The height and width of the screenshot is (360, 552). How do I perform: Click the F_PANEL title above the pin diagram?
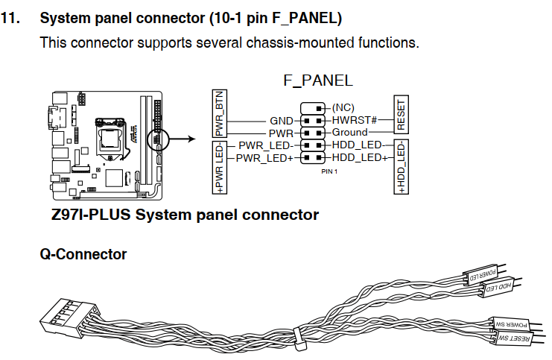click(317, 80)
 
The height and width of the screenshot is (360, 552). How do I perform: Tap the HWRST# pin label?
click(354, 119)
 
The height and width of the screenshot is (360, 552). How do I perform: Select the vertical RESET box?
click(401, 113)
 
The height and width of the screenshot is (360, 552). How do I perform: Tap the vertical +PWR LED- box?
click(220, 169)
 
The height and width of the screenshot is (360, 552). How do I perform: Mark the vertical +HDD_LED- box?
click(402, 168)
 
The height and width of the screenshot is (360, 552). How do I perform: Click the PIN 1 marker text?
click(330, 171)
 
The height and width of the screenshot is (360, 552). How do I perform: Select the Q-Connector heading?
click(83, 254)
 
